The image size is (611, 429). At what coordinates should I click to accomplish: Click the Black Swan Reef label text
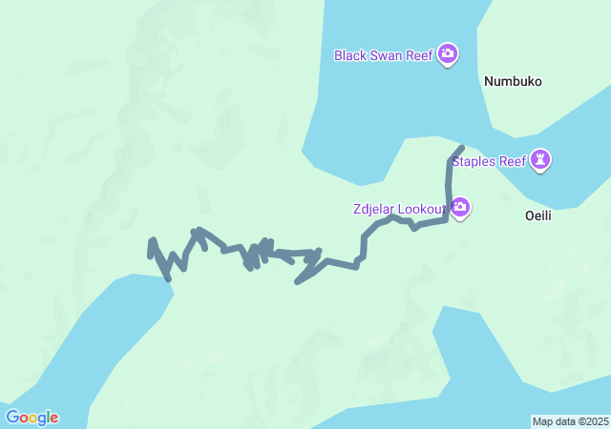384,55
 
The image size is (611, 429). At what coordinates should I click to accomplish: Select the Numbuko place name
513,82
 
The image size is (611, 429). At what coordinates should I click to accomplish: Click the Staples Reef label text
489,161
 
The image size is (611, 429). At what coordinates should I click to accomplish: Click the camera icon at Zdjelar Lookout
461,207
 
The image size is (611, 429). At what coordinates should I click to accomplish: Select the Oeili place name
538,216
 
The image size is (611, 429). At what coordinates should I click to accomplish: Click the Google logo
32,418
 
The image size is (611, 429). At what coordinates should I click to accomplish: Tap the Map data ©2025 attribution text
570,421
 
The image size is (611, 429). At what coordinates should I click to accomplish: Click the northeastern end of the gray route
461,148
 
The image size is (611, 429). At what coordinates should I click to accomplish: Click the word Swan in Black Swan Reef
388,55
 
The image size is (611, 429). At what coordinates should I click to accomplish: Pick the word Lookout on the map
427,209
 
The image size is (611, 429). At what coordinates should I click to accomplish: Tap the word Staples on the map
474,161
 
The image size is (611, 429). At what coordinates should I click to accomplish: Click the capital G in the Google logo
12,418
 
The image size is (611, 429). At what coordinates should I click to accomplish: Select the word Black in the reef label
350,55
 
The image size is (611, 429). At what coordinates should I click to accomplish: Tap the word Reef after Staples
513,161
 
